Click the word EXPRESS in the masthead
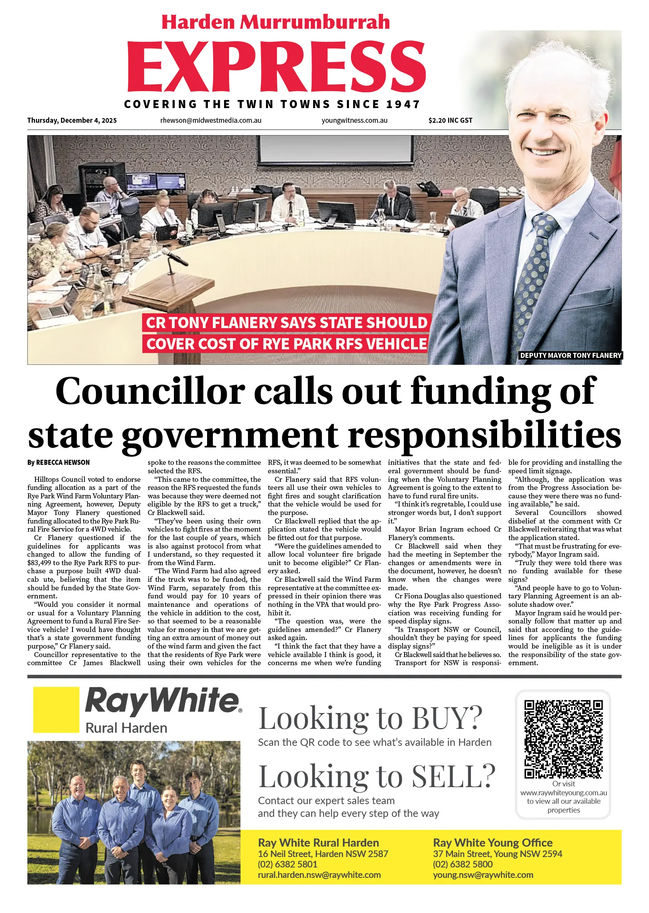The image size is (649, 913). tap(276, 66)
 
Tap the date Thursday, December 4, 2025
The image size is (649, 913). tap(72, 120)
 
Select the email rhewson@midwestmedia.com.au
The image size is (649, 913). tap(211, 120)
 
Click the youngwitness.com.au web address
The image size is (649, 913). tap(354, 120)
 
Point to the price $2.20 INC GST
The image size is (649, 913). tap(450, 120)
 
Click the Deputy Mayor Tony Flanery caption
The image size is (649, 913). tap(570, 355)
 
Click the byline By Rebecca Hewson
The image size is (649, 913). tap(58, 462)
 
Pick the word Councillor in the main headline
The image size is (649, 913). tap(150, 391)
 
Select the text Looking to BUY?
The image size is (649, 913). tap(371, 719)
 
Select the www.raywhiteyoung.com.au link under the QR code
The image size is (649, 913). tap(563, 793)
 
